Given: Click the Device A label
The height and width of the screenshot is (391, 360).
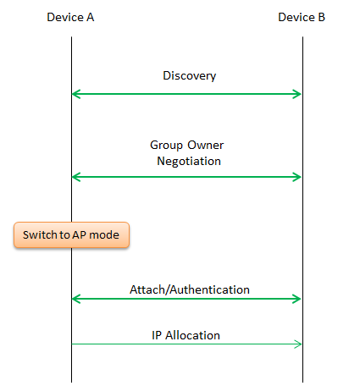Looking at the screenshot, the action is point(70,17).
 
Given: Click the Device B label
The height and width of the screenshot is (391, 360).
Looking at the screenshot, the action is point(302,17).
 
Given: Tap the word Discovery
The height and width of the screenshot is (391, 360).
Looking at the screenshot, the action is point(190,76).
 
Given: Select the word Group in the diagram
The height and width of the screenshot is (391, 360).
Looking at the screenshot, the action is point(166,146).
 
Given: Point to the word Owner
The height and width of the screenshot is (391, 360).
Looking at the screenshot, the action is point(206,145).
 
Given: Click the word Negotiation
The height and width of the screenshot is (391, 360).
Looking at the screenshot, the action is point(189,161).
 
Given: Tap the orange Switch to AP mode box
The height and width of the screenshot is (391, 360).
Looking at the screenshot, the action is point(71,235).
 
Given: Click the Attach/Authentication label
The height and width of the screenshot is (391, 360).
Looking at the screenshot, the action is point(190,289).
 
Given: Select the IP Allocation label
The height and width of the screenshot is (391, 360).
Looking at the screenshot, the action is point(186,335).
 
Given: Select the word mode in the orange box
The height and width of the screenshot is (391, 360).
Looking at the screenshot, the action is point(104,235).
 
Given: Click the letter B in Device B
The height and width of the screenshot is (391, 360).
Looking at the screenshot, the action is point(322,17).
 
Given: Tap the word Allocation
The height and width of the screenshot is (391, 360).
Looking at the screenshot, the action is point(192,335).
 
